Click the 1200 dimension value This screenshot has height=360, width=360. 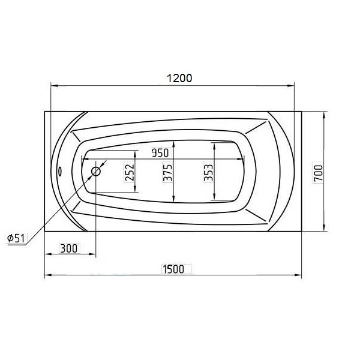coord(179,78)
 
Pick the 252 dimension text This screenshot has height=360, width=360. coord(130,173)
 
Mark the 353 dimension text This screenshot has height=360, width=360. coord(208,173)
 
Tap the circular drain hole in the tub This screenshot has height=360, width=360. coord(95,172)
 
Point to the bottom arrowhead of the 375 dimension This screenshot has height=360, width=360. coord(173,201)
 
